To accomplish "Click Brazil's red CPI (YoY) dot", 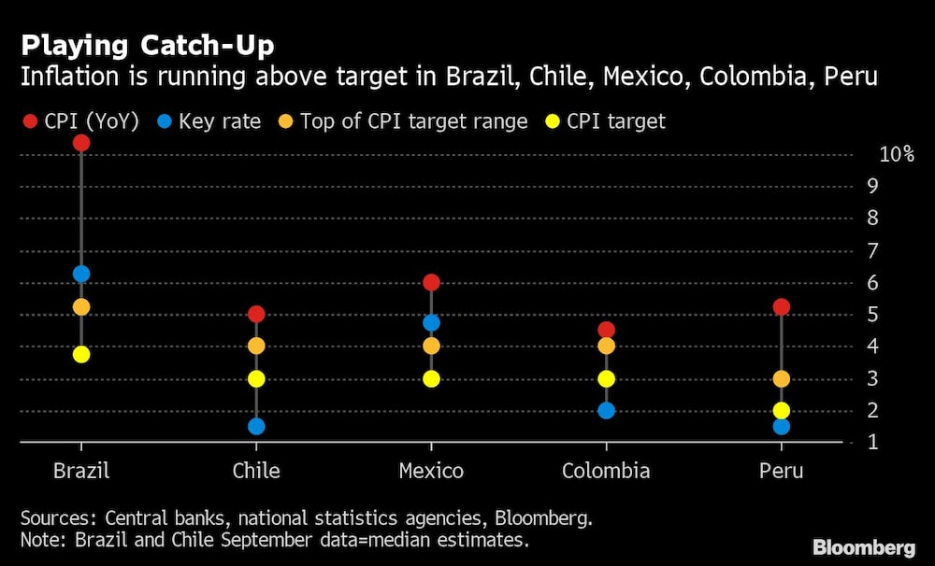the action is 81,143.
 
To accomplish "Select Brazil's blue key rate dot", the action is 81,274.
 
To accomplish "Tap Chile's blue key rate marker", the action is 256,427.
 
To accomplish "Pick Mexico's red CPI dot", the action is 431,282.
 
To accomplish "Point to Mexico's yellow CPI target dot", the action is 431,379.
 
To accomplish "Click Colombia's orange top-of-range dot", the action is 607,346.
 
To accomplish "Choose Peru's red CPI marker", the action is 781,307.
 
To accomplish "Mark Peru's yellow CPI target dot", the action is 781,411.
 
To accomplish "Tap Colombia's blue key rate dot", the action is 607,411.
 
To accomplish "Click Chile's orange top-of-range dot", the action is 256,346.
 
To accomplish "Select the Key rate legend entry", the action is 209,121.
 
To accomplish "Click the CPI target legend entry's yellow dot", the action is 553,121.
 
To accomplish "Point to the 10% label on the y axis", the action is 897,154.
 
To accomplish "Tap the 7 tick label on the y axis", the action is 872,251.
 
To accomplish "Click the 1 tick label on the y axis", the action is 872,443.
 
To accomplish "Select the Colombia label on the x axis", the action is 606,471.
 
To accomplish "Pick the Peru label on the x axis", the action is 781,471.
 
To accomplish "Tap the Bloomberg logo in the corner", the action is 864,547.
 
